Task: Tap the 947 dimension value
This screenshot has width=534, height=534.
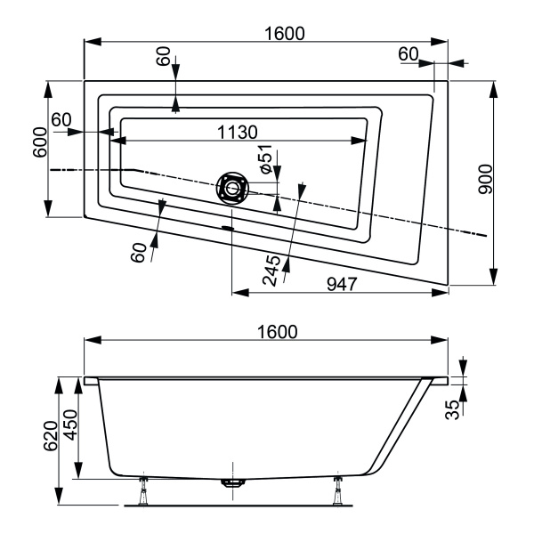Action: point(341,284)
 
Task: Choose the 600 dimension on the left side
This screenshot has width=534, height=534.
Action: point(38,141)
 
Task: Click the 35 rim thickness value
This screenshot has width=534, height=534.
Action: point(454,411)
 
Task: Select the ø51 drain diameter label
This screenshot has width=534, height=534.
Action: point(264,158)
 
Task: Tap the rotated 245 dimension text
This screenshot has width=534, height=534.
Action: point(272,268)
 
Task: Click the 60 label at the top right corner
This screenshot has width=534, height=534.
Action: point(408,54)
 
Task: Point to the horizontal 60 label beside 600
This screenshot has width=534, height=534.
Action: point(61,120)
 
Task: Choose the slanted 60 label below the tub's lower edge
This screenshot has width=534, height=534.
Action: point(137,252)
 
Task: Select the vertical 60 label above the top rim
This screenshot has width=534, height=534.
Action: point(162,56)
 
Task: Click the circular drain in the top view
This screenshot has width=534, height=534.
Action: point(232,189)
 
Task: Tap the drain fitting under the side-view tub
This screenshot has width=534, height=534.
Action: point(232,484)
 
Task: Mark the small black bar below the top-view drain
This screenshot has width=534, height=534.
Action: point(229,227)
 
